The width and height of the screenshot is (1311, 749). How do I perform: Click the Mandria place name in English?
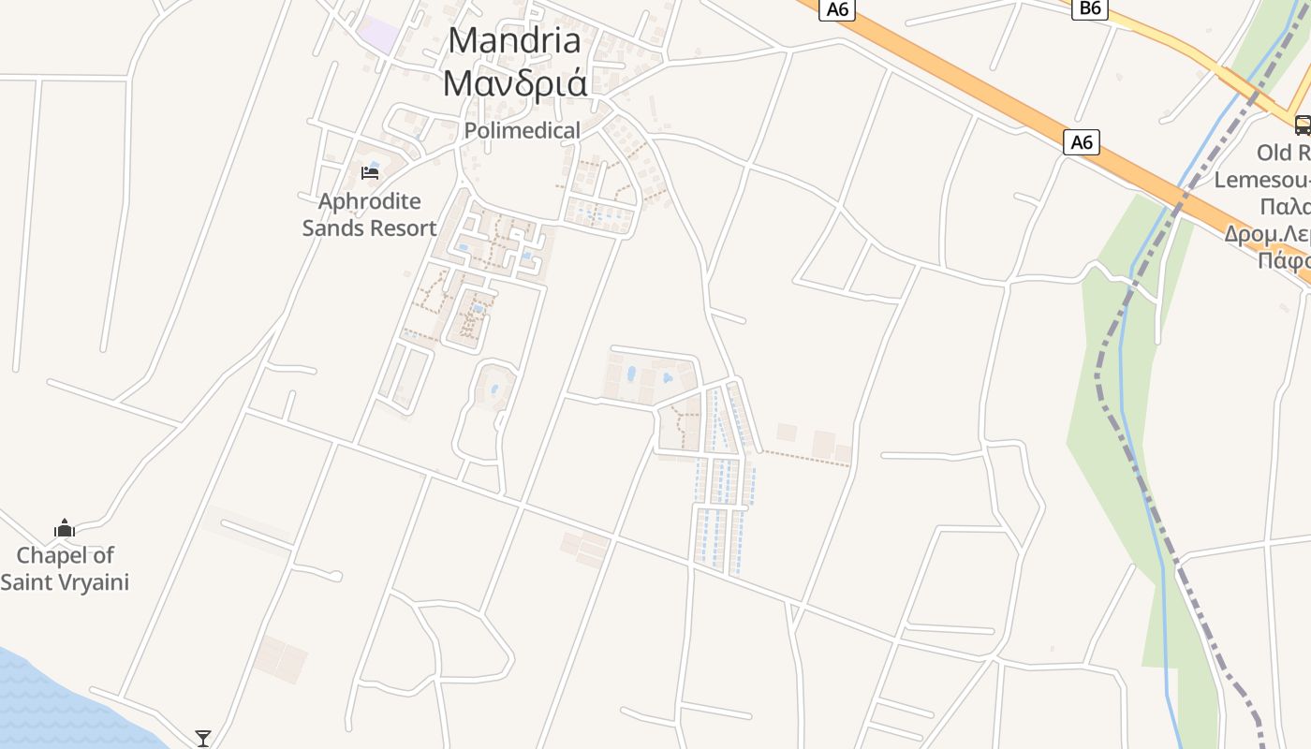coord(514,40)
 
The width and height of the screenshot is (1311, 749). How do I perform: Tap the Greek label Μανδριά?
coord(514,82)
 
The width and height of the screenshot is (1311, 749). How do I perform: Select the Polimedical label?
coord(522,130)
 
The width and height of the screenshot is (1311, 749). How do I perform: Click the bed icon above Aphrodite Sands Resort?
coord(370,173)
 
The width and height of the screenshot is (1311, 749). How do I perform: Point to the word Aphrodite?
coord(369,201)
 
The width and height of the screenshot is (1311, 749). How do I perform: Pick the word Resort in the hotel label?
coord(405,228)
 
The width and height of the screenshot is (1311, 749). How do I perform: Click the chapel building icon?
coord(64,529)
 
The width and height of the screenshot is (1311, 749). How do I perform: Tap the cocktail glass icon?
coord(202,739)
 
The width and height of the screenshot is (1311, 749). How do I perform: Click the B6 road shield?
coord(1090,8)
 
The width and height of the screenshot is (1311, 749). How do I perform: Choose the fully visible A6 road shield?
coord(1082,142)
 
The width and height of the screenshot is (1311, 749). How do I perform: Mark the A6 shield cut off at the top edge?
coord(836,8)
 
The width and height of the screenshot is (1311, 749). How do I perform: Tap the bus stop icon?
coord(1303,125)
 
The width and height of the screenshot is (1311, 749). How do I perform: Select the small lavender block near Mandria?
coord(377,35)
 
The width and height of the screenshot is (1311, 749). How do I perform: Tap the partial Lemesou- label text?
coord(1264,179)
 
